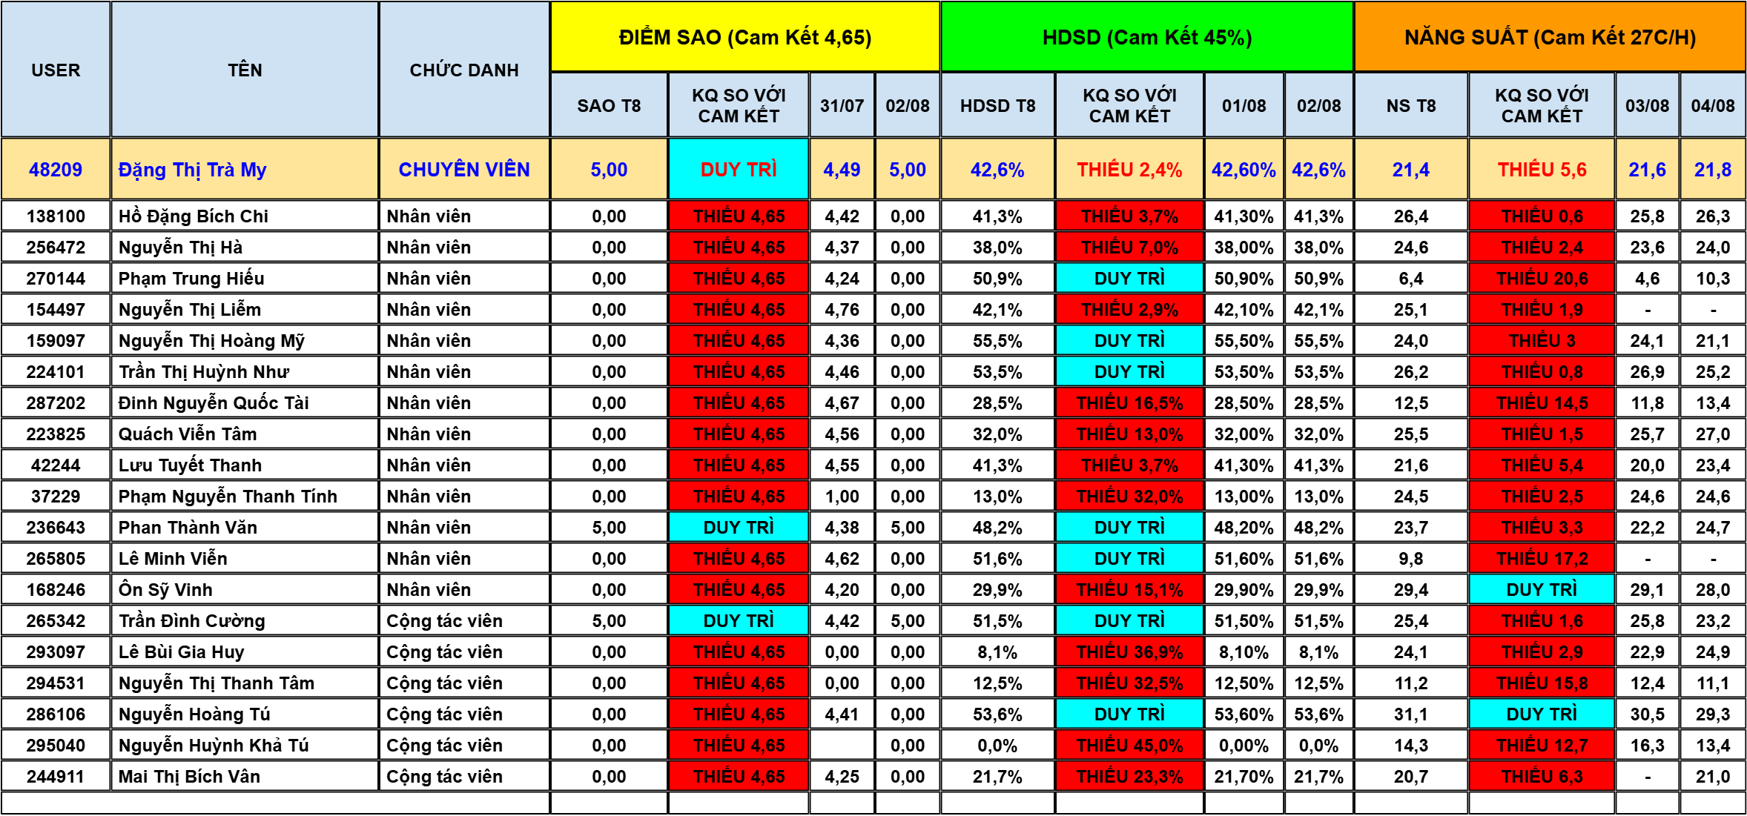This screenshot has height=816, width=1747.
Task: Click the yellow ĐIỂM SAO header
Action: (745, 37)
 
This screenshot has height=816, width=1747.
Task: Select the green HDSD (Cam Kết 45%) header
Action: (1147, 37)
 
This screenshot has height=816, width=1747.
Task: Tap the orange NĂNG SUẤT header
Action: (1550, 37)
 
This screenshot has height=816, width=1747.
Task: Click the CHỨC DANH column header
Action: (464, 70)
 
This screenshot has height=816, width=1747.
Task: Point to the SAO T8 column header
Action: (609, 106)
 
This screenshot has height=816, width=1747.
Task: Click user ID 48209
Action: (56, 170)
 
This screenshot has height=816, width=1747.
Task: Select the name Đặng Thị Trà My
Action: (192, 170)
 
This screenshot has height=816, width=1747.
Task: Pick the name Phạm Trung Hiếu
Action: (191, 279)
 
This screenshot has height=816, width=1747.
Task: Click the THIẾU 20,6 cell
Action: (1542, 279)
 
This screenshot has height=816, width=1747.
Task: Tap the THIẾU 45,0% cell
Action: (1129, 746)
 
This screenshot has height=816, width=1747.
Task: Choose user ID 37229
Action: (56, 497)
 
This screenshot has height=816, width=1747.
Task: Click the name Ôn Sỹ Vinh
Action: (165, 590)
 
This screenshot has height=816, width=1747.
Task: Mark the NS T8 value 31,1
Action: (1410, 714)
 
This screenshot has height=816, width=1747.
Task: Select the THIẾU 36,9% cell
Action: (1129, 652)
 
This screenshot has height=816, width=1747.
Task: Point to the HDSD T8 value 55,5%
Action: (997, 341)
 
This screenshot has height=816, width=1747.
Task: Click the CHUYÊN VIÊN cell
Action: (464, 170)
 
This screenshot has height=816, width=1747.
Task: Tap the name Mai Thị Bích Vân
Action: (189, 777)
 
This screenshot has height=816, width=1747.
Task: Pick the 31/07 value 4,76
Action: (842, 310)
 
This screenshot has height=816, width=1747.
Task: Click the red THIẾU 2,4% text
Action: (1129, 170)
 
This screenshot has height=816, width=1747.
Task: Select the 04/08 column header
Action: (1712, 106)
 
